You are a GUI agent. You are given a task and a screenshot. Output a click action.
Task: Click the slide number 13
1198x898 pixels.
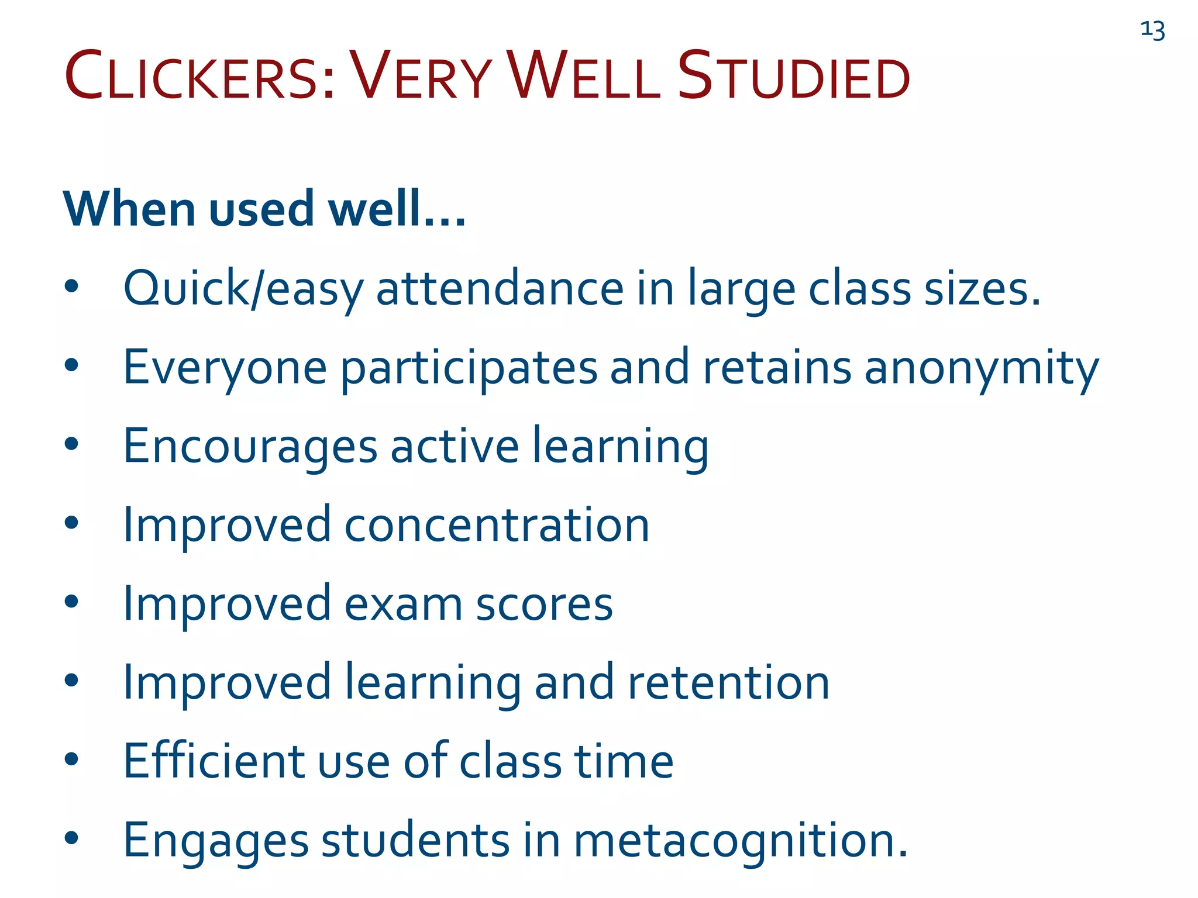[1152, 30]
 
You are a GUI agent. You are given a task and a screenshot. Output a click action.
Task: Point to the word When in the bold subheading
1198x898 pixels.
[130, 209]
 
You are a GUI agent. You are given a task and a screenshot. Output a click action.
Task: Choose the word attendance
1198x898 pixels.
[500, 289]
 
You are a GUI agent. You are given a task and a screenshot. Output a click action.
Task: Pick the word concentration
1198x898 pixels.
[497, 525]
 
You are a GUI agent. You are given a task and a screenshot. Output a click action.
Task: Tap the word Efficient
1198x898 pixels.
[214, 761]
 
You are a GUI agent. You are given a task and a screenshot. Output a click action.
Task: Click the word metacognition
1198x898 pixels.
[739, 841]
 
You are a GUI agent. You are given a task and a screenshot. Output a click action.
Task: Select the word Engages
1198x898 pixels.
[215, 841]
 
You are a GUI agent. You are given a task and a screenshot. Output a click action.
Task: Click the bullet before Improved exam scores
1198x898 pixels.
[71, 602]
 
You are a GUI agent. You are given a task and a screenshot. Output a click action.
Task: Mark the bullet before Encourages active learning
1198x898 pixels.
[71, 444]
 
